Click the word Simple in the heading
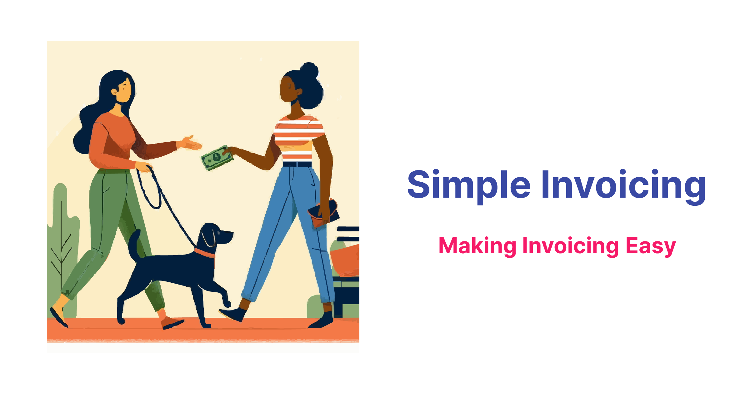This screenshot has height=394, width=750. [x=469, y=185]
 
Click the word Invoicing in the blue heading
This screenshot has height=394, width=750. [x=623, y=185]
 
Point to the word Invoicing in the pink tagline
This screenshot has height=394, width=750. [x=570, y=246]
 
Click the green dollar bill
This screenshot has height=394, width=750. [x=216, y=158]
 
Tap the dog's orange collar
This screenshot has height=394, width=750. [x=205, y=253]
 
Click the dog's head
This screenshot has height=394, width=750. [x=216, y=235]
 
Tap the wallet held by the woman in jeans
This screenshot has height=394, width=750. [x=323, y=213]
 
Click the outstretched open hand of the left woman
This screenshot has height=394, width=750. [x=191, y=143]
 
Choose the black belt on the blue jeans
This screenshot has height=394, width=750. [x=297, y=164]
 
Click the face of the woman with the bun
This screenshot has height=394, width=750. [x=287, y=89]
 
